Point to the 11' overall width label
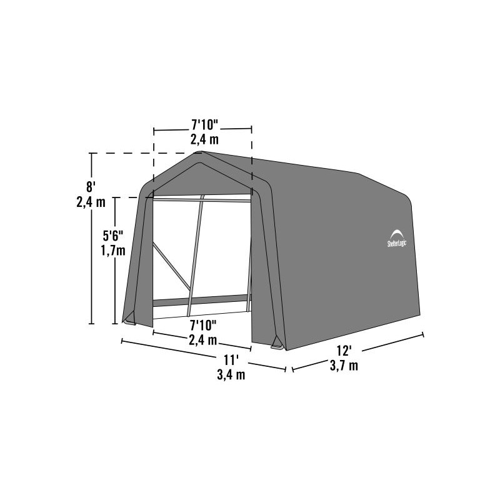pos(231,360)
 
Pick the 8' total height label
pos(91,186)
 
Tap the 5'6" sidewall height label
pos(113,236)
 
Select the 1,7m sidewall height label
pos(113,251)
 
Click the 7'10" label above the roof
pos(202,123)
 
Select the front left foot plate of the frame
pos(129,321)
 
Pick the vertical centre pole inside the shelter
pos(196,256)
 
